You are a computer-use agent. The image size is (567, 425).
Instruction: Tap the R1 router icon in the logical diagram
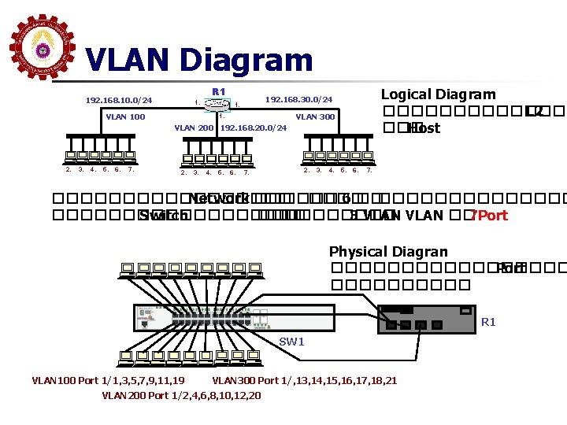(x=218, y=105)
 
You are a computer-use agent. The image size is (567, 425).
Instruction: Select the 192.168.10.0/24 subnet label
(x=119, y=100)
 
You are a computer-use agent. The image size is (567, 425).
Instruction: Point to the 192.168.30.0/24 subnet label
(x=299, y=100)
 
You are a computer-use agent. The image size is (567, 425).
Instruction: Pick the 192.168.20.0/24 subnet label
(x=254, y=128)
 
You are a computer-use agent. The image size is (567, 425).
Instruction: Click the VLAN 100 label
(x=125, y=116)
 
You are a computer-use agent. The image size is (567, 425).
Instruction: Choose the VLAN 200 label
(x=194, y=128)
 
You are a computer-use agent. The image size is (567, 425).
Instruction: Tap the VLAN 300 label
(x=315, y=116)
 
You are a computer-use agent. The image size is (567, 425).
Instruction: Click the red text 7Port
(x=488, y=215)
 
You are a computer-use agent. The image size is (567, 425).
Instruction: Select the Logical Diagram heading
(x=439, y=94)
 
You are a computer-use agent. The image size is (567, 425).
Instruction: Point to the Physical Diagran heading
(x=388, y=252)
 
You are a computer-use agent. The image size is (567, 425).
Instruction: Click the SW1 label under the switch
(x=291, y=342)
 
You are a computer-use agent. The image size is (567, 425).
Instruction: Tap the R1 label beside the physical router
(x=488, y=322)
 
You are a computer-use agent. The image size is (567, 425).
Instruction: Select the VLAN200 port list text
(x=182, y=395)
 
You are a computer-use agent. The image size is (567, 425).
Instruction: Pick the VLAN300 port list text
(x=305, y=381)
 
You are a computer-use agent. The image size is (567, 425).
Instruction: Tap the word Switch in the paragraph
(x=163, y=215)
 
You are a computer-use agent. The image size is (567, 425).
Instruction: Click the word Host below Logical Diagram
(x=424, y=128)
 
